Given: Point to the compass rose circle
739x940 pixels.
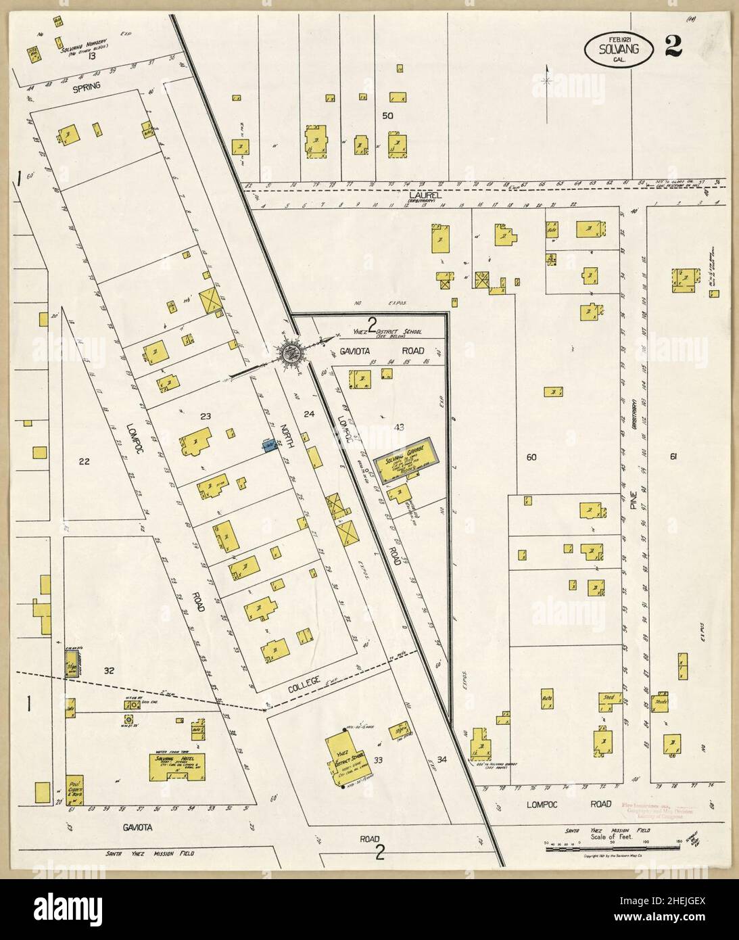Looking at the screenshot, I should [292, 352].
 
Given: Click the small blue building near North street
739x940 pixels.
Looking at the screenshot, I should [270, 444].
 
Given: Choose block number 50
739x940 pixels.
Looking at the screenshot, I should [387, 116].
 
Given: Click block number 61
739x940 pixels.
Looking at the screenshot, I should [673, 457].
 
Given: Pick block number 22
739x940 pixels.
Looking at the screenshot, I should [84, 462].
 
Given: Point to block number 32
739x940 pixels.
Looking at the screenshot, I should [108, 670].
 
